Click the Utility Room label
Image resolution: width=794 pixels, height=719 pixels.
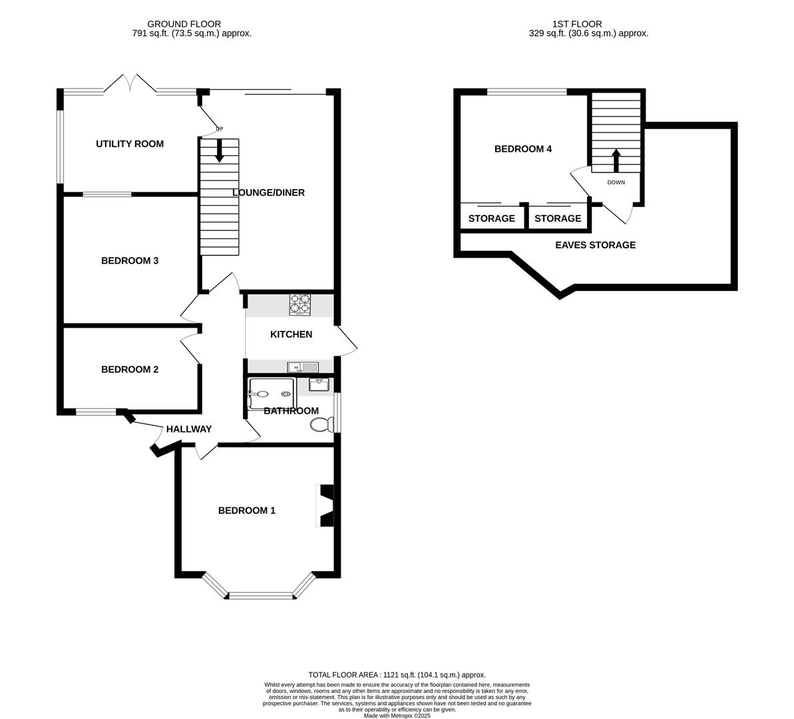pos(130,144)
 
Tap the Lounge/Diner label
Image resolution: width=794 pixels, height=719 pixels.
pos(268,192)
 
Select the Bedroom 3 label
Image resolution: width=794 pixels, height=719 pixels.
pos(130,260)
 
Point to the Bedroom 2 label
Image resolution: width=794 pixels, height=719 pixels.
pos(130,369)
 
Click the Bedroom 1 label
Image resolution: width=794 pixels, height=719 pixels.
pos(247,511)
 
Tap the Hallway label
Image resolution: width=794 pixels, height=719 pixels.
pos(189,429)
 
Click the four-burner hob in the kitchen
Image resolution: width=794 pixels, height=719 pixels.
pos(300,304)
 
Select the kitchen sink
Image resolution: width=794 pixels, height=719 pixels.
pos(303,367)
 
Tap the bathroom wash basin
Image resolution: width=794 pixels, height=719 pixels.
pos(319,384)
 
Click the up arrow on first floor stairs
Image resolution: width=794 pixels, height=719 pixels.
pos(616,160)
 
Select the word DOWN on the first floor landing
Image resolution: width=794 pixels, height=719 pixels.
pos(616,182)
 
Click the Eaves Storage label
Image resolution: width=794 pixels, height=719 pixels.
pos(596,245)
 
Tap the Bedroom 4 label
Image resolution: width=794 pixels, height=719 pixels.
pos(523,149)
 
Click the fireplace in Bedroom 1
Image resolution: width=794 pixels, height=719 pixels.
pos(325,505)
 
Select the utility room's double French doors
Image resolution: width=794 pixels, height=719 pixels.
pos(130,84)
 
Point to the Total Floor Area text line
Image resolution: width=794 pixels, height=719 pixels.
pos(397,674)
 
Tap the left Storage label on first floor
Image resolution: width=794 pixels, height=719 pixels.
pos(492,218)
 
